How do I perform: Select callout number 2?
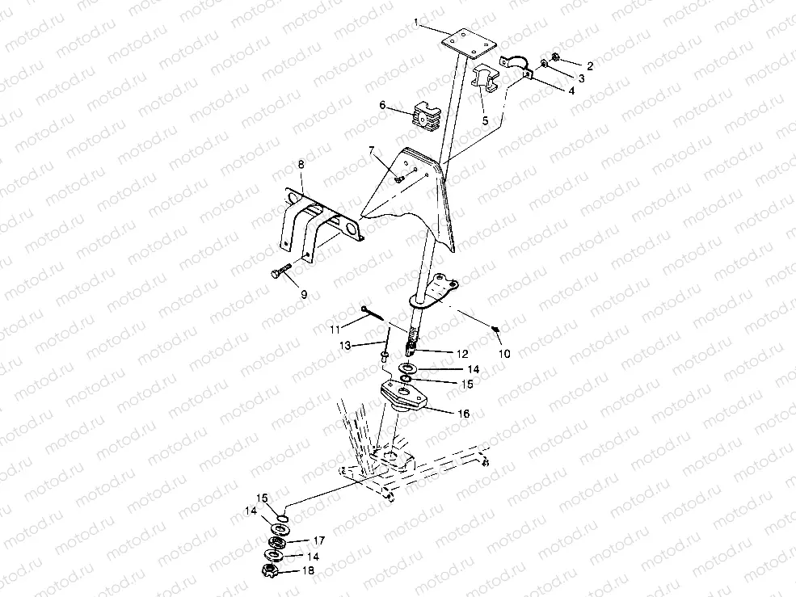590,66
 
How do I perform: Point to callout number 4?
571,91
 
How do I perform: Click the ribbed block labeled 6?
424,116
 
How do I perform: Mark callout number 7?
372,150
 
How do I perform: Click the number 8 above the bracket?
301,165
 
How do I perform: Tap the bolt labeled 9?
281,274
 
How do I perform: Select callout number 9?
304,295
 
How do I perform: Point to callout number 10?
504,353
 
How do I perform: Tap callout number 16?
463,413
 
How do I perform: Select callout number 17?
318,540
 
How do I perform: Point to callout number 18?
308,571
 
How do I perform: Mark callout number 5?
485,120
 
